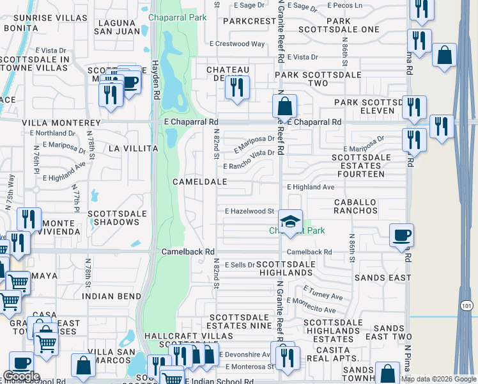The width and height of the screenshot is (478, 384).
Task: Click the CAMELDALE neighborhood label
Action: click(199, 182)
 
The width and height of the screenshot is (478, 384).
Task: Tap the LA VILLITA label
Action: click(133, 148)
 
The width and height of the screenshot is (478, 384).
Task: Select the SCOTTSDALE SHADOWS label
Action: click(113, 218)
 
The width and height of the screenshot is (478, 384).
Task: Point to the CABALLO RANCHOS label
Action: click(364, 205)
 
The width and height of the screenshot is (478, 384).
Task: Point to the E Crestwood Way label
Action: click(237, 44)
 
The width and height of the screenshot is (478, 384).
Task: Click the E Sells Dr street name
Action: click(238, 264)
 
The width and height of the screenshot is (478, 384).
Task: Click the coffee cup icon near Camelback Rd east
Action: click(401, 235)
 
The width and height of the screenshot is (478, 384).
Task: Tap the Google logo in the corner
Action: click(21, 376)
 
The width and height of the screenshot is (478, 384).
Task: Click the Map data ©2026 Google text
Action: click(438, 379)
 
